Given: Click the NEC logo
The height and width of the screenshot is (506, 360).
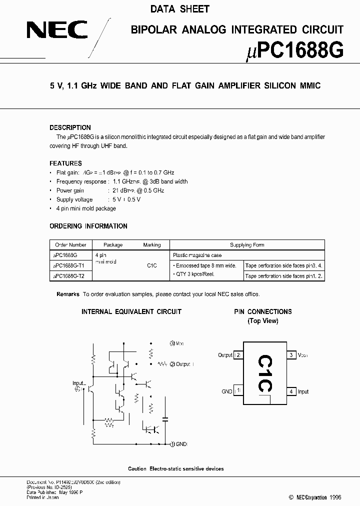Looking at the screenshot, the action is click(57, 31).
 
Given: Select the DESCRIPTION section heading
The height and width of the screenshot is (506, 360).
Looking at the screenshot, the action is click(70, 127).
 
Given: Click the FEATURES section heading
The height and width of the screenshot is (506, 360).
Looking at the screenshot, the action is click(65, 163).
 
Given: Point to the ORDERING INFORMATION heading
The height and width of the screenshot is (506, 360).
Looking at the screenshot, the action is click(88, 226).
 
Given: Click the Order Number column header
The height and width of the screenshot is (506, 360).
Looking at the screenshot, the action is click(71, 245).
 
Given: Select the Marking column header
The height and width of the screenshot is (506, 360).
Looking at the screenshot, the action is click(152, 245).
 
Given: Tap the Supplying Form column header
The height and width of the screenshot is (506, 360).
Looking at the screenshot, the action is click(247, 245).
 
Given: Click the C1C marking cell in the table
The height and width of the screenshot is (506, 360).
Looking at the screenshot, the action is click(152, 265).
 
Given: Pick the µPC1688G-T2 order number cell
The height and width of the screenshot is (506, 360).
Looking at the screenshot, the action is click(69, 276).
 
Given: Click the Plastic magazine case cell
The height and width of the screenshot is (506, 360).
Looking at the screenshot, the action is click(197, 255).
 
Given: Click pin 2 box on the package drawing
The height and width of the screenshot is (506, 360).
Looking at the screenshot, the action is click(239, 355).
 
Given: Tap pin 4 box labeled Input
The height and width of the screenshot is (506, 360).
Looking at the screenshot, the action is click(291, 391).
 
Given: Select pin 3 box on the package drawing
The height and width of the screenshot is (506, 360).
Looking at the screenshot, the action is click(291, 355).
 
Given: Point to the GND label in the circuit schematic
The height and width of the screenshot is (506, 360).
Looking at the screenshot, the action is click(181, 444).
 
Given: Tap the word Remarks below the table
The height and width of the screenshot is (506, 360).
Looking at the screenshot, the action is click(68, 294).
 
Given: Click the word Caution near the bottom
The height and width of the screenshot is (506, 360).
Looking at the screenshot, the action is click(137, 468).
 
